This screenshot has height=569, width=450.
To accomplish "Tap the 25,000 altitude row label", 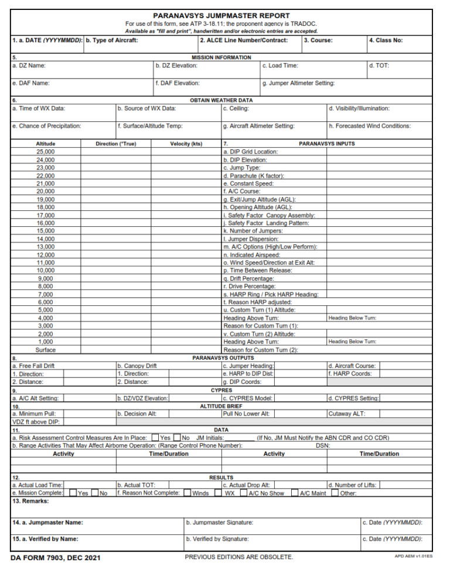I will point(45,152).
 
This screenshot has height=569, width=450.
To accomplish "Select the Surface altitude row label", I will point(45,350).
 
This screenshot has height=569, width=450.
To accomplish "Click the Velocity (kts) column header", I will point(186,144).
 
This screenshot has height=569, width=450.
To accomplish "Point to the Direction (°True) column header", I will point(115,144).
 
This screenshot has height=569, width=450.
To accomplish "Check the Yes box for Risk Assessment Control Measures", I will point(155,437).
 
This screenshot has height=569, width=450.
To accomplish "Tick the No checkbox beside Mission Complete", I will point(94,493).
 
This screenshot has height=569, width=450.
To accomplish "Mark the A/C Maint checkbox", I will point(295,493).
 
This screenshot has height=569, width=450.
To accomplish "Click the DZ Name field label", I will point(29,66).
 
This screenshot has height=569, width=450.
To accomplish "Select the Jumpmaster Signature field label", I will point(219,522).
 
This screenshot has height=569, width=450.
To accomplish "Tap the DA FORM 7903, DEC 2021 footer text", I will point(56,557).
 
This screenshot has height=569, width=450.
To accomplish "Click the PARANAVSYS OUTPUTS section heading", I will point(223,357).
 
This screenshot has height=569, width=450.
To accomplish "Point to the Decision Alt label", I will point(137,414).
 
